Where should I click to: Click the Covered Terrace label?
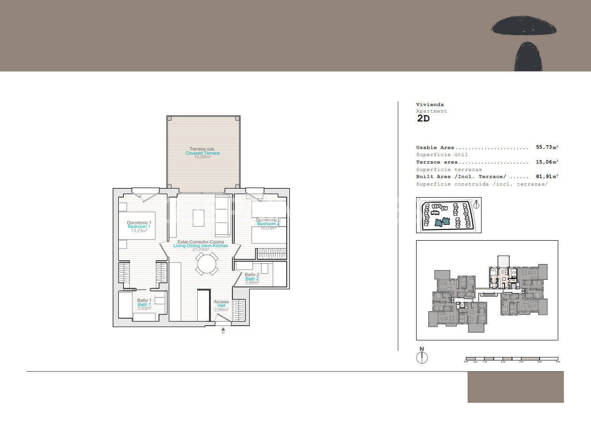tap(202, 153)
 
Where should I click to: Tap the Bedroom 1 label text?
tap(139, 227)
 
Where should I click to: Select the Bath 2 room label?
tap(252, 279)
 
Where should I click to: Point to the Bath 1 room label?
tap(144, 305)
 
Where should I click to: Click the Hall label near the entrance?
tap(221, 306)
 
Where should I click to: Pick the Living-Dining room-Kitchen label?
tap(201, 246)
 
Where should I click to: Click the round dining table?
tap(207, 264)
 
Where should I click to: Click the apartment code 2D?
tap(423, 119)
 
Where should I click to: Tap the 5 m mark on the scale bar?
tap(557, 362)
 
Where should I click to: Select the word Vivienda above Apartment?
tap(430, 105)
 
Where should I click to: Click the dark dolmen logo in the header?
tap(525, 42)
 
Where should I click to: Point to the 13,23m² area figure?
tap(139, 231)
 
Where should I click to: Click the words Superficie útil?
tap(442, 155)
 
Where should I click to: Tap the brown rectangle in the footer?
tap(515, 387)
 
